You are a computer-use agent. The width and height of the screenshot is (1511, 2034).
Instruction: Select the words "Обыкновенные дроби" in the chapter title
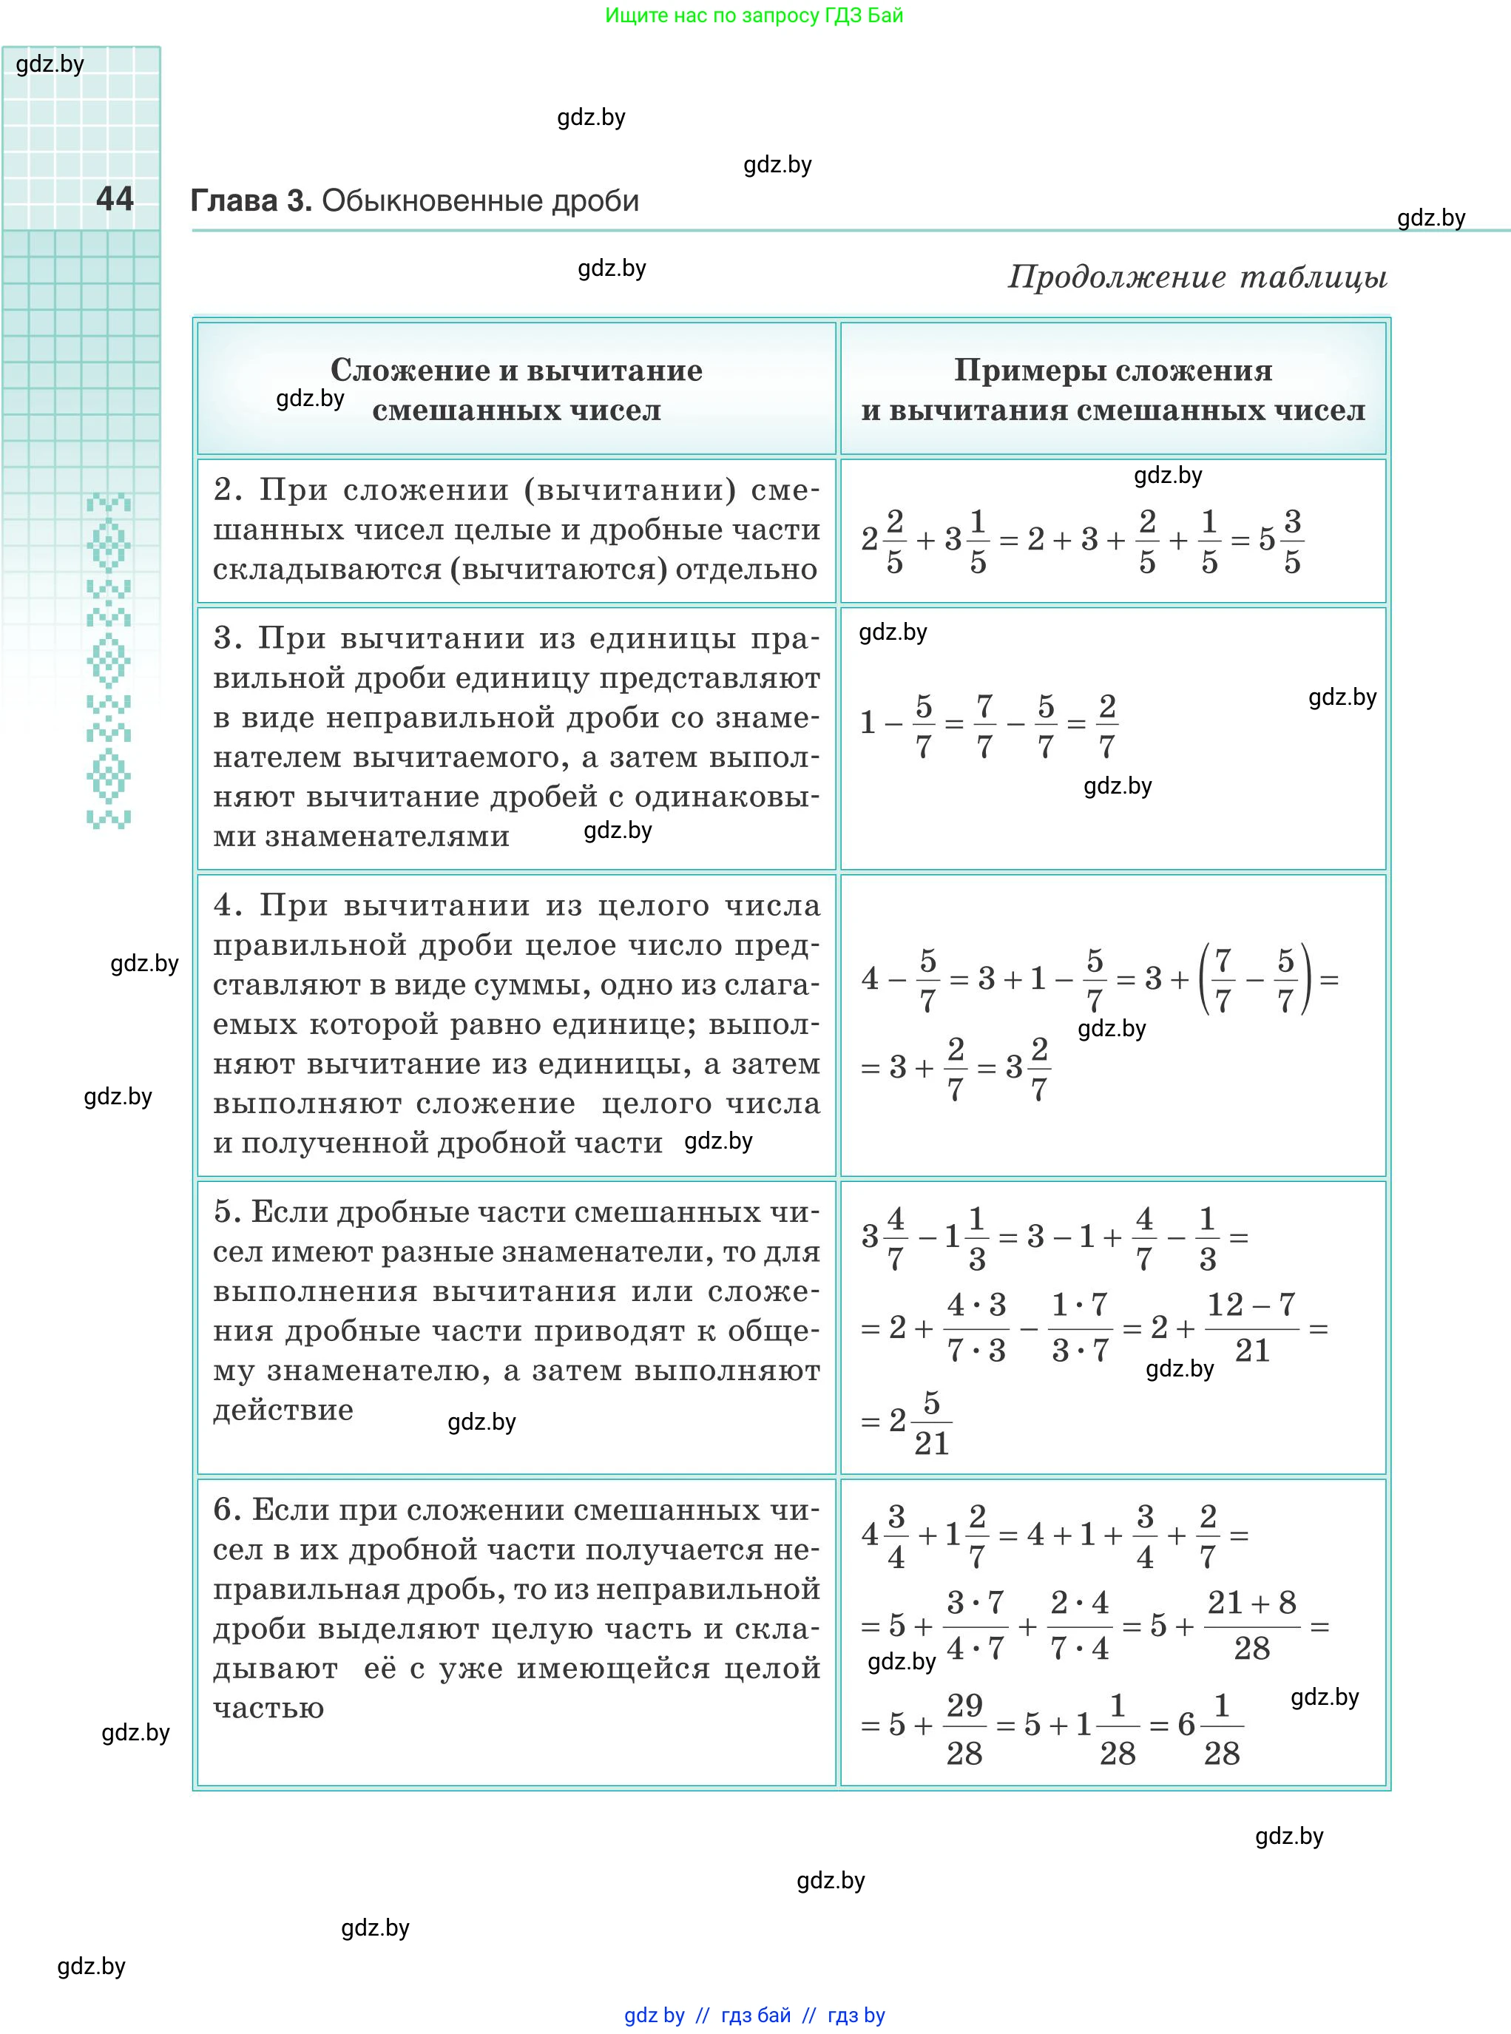[x=480, y=201]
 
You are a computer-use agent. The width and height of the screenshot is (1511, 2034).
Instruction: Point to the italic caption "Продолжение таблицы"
[x=1197, y=277]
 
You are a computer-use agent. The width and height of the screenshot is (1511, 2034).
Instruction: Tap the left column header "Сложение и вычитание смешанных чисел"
[x=517, y=390]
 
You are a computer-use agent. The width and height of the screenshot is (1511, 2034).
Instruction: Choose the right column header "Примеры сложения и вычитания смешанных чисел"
[x=1113, y=390]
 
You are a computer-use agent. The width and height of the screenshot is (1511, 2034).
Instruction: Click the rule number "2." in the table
[x=228, y=490]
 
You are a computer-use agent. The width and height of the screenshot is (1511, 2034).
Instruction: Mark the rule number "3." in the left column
[x=228, y=638]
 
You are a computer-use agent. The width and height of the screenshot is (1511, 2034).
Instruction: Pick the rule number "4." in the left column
[x=228, y=905]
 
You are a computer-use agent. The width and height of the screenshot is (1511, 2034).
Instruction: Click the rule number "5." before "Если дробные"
[x=227, y=1212]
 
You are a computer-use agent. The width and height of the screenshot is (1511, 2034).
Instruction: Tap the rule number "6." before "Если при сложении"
[x=227, y=1510]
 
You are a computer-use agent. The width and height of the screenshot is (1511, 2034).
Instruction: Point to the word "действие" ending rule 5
[x=283, y=1410]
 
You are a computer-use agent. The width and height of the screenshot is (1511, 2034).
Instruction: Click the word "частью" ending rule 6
[x=269, y=1709]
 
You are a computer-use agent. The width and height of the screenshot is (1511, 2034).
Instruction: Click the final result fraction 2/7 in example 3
[x=1106, y=726]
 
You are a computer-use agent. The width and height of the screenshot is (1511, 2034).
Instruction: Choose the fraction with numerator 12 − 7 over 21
[x=1251, y=1327]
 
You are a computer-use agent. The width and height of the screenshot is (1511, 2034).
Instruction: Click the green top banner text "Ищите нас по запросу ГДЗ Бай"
[x=754, y=16]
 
